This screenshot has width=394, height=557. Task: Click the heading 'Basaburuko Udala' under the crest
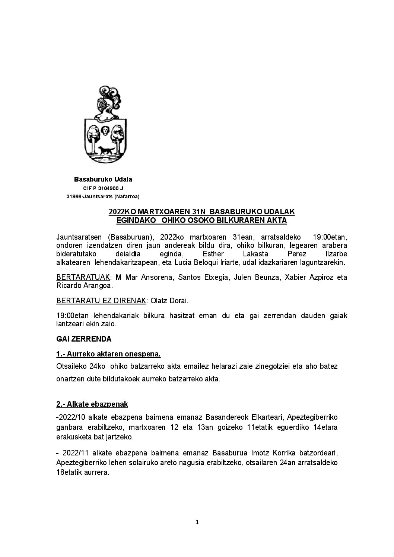(x=103, y=179)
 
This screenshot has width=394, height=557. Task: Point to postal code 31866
(x=73, y=196)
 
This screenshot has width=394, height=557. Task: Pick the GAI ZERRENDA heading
(x=84, y=339)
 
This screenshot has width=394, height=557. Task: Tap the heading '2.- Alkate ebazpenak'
(x=92, y=404)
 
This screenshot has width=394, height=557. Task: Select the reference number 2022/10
(x=70, y=417)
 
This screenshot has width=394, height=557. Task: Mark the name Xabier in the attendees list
(x=295, y=278)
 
